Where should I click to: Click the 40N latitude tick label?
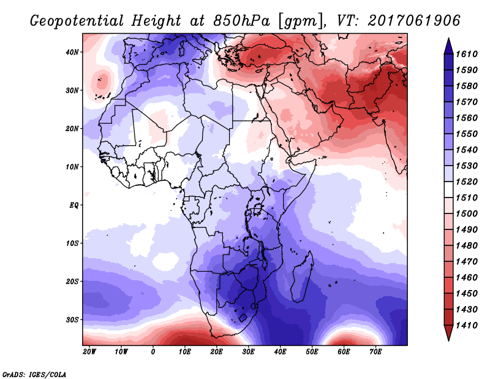(72, 52)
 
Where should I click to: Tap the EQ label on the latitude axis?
(73, 205)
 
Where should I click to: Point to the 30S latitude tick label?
(72, 320)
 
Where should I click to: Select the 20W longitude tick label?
(89, 351)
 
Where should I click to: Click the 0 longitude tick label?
(153, 351)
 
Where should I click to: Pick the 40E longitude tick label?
(280, 351)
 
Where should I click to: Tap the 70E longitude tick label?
(375, 351)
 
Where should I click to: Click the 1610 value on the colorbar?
(467, 54)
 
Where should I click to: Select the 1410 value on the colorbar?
(467, 326)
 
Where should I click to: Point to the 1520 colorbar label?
(467, 182)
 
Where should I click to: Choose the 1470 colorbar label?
(467, 262)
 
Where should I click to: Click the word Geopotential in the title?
(77, 21)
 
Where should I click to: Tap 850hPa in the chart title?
(241, 21)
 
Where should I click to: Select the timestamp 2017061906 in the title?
(414, 21)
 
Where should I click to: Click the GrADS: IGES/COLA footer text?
(34, 374)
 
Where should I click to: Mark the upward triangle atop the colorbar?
(448, 46)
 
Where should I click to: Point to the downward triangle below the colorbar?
(448, 333)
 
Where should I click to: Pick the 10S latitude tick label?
(72, 243)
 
